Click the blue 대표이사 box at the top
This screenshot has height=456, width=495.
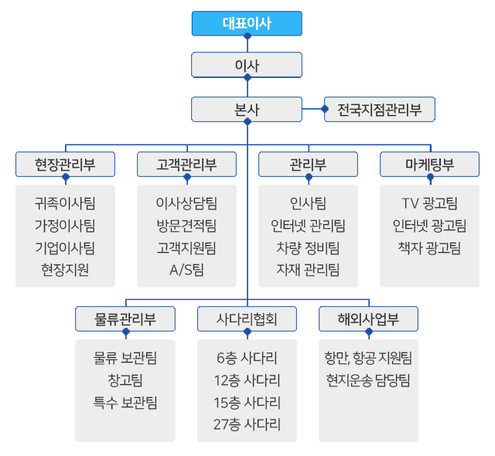coord(247,23)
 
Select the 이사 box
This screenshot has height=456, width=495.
coord(247,65)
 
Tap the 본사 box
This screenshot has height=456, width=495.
coord(247,109)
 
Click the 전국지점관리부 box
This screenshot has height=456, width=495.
coord(379,109)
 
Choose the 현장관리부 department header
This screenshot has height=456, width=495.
coord(65,164)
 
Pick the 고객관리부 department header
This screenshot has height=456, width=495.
coord(186,164)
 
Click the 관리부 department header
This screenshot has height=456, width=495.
coord(308,164)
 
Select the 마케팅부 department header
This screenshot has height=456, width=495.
coord(429,164)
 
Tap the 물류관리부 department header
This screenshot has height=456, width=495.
coord(125,318)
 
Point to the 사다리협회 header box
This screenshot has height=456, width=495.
coord(247,318)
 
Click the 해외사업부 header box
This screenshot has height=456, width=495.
coord(368,318)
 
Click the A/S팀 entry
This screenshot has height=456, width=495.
coord(186,270)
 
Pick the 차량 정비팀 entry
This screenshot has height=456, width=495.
coord(308,247)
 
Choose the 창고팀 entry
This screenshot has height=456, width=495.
coord(125,379)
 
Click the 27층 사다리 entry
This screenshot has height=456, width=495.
coord(247,424)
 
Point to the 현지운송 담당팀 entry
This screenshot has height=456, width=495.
coord(368,379)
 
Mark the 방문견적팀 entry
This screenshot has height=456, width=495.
coord(186,226)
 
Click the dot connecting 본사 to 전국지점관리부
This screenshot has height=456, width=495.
coord(304,109)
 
